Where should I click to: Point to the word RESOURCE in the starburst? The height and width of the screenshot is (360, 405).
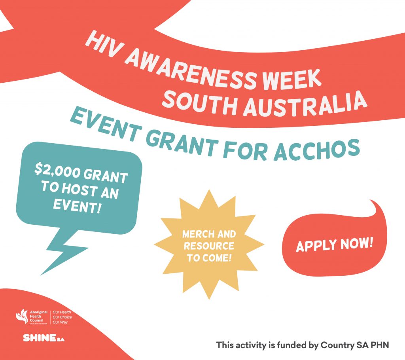pos(209,246)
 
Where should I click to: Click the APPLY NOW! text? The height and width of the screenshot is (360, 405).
pos(335,244)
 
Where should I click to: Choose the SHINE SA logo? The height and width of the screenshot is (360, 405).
pos(44,338)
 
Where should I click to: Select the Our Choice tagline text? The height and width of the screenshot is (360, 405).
pos(62,317)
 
